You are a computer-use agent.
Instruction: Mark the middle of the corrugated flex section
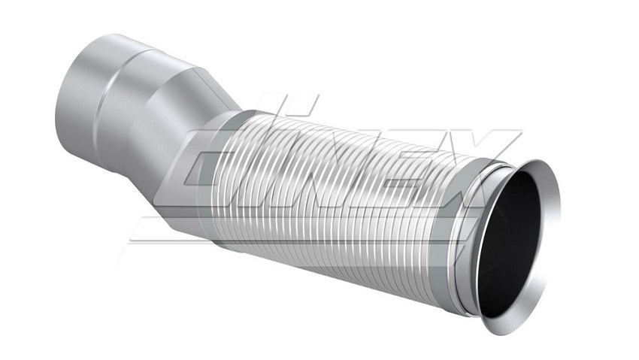pyautogui.click(x=346, y=195)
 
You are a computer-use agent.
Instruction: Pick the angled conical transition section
pyautogui.click(x=180, y=135)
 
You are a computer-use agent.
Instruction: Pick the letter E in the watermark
pyautogui.click(x=421, y=158)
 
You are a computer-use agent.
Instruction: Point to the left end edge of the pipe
pyautogui.click(x=60, y=113)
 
